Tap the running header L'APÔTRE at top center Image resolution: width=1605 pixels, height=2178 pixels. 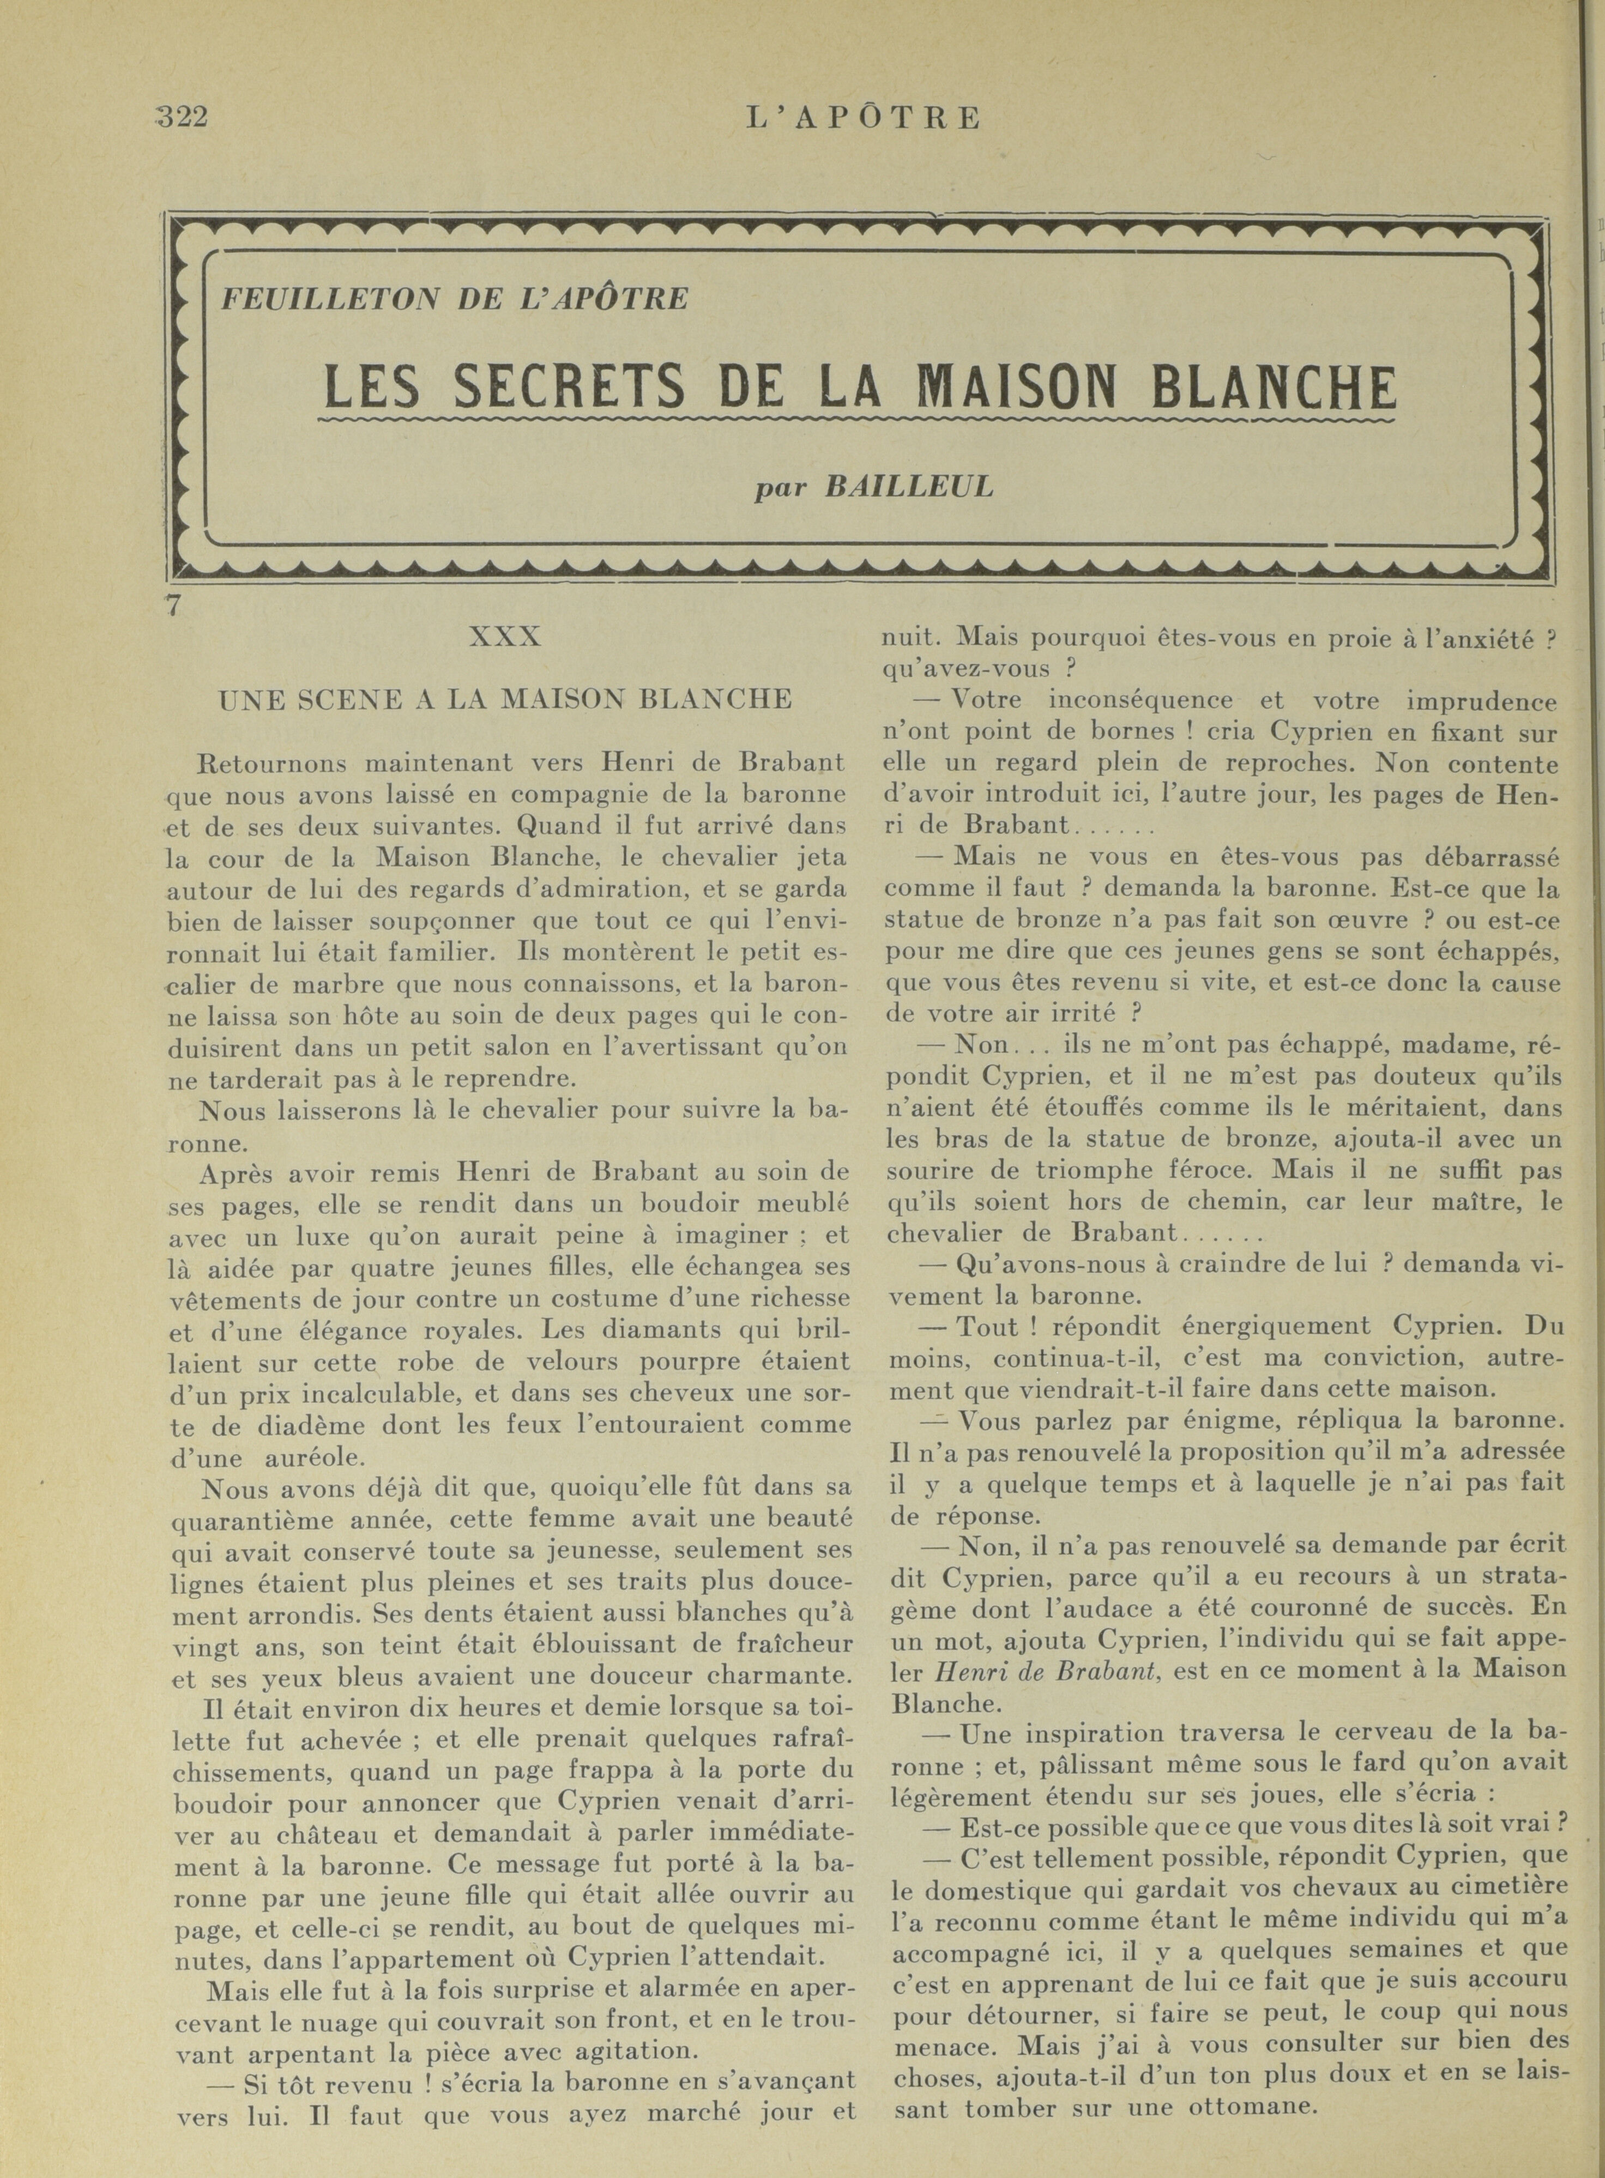(864, 118)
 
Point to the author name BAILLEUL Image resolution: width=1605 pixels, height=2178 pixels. (908, 487)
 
